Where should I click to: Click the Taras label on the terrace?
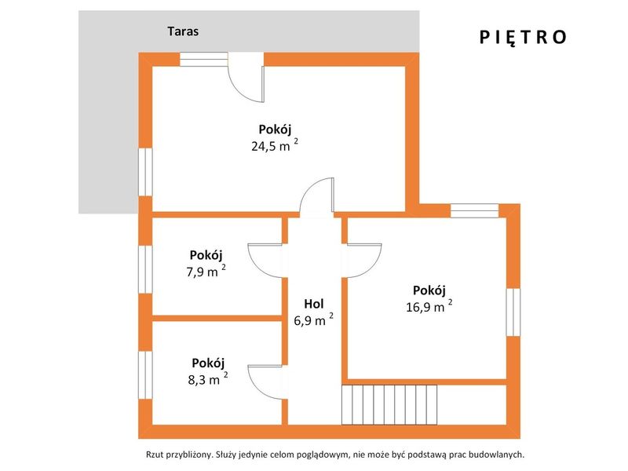click(x=183, y=31)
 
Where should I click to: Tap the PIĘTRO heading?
click(x=523, y=37)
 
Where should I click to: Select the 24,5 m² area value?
click(x=275, y=146)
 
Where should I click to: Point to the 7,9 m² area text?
click(x=206, y=272)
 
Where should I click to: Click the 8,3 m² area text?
click(x=208, y=379)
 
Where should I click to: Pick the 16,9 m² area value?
click(x=429, y=307)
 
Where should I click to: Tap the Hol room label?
click(x=313, y=304)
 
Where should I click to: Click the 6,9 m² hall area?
click(x=313, y=320)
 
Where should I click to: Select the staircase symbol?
click(x=389, y=404)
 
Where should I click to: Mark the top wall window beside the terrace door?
click(x=204, y=60)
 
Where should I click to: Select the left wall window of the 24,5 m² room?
click(x=145, y=172)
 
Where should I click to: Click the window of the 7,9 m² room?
click(x=145, y=269)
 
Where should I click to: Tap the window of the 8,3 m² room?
click(x=145, y=375)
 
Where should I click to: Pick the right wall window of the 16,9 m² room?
click(x=513, y=312)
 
